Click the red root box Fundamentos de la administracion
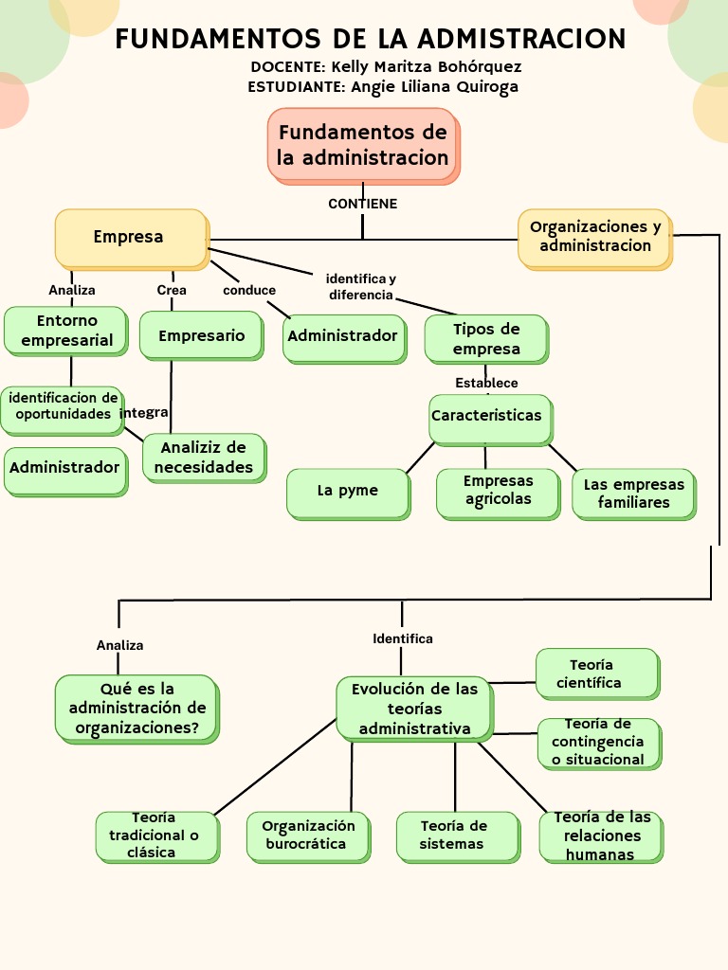click(x=363, y=145)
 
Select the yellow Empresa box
click(x=130, y=237)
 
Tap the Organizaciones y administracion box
click(x=594, y=237)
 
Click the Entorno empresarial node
click(x=65, y=331)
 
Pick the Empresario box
click(x=201, y=335)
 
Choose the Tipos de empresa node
click(x=485, y=339)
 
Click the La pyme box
click(x=348, y=492)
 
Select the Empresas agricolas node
click(x=498, y=492)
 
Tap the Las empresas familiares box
click(x=633, y=494)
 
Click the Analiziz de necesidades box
click(x=203, y=458)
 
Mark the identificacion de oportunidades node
click(x=63, y=407)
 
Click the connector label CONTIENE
click(x=362, y=204)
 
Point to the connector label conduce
click(x=249, y=291)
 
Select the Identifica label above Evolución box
click(x=402, y=638)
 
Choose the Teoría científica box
click(x=596, y=674)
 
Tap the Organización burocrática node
click(x=308, y=835)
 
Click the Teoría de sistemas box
click(x=457, y=835)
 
